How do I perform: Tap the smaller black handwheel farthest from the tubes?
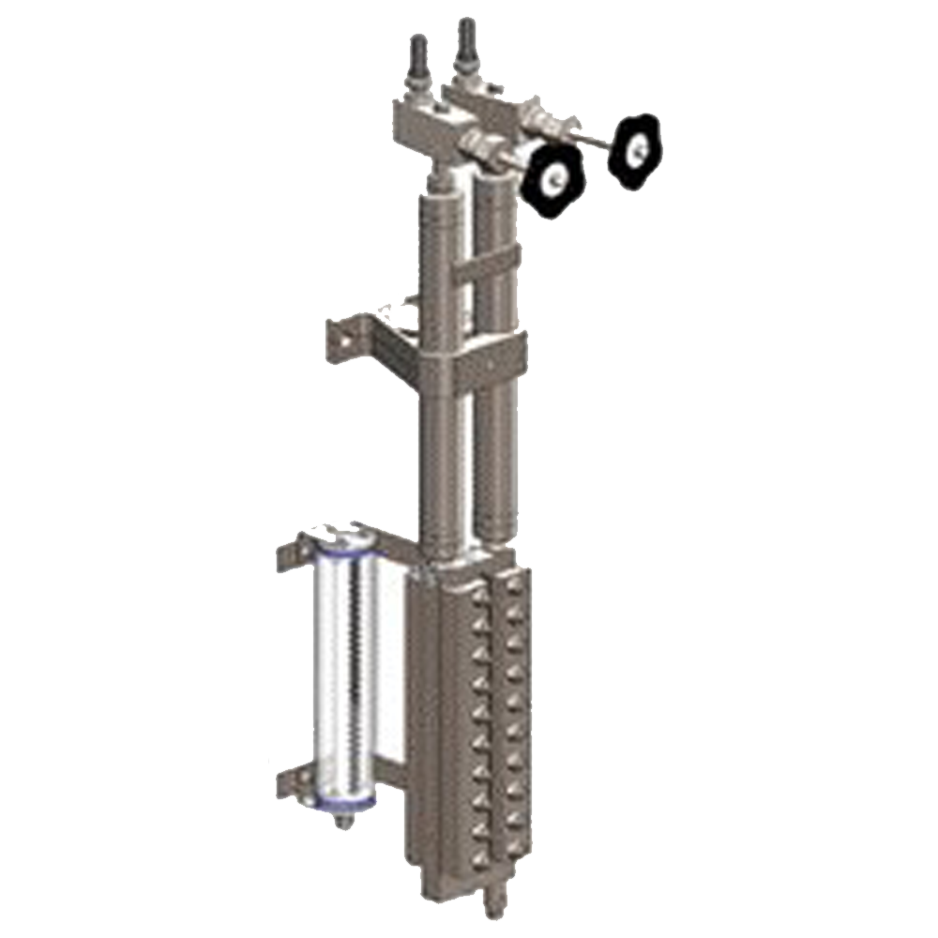634,148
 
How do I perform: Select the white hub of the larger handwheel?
556,177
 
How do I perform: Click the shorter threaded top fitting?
419,58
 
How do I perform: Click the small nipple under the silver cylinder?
345,822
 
